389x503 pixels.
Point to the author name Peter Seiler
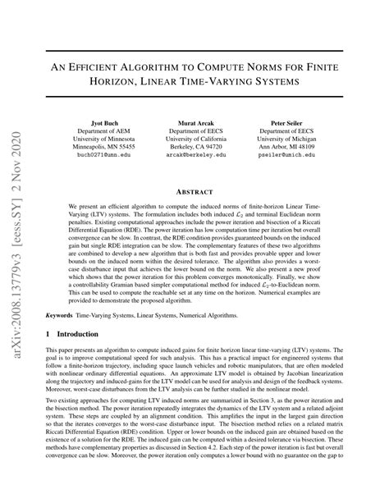tap(292, 121)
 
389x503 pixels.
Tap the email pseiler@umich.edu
tap(292, 153)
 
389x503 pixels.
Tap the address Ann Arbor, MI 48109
tap(292, 145)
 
